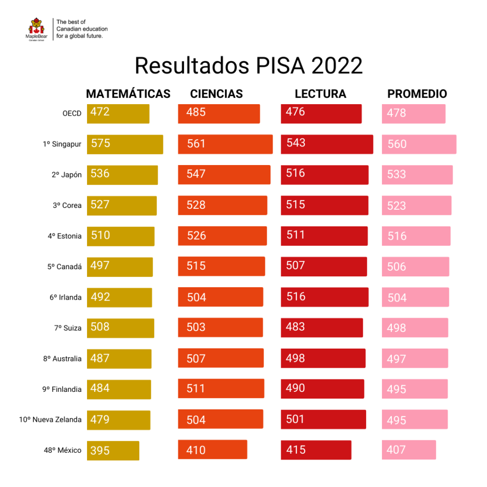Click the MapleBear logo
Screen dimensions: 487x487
click(x=36, y=29)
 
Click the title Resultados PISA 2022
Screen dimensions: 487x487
click(x=248, y=66)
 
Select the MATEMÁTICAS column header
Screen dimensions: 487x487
click(x=128, y=94)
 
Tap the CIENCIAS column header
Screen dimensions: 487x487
click(x=216, y=94)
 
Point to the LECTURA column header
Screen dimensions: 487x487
click(x=320, y=94)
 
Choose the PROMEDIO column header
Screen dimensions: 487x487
click(x=417, y=94)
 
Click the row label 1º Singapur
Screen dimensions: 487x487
click(x=62, y=144)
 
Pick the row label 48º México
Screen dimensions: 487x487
click(x=63, y=450)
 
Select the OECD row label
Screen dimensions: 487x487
click(x=72, y=114)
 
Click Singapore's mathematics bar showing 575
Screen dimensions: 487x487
click(x=125, y=144)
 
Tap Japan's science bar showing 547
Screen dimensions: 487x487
click(x=224, y=175)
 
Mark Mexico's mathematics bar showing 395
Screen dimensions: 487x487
click(x=113, y=450)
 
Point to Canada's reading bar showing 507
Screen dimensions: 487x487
click(x=323, y=266)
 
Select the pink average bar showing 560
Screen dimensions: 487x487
click(x=419, y=144)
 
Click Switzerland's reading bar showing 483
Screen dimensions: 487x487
click(x=321, y=328)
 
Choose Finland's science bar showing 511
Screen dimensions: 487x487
click(x=221, y=389)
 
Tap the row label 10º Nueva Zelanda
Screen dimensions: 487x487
click(x=50, y=419)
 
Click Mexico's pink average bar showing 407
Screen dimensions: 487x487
click(x=409, y=450)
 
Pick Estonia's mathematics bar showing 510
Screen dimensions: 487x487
click(x=120, y=236)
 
